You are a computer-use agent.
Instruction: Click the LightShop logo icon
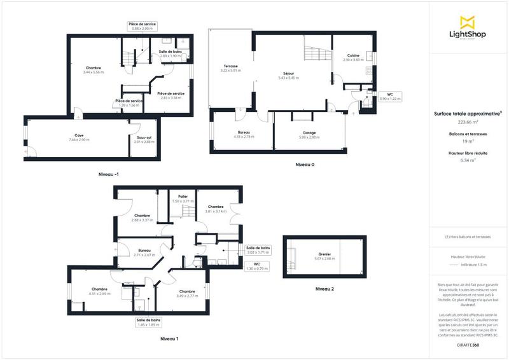(468, 21)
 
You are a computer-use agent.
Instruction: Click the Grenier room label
(324, 256)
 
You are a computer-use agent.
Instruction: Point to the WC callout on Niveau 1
(257, 266)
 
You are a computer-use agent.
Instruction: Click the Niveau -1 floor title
(108, 174)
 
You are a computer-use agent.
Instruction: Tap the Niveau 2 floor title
(324, 289)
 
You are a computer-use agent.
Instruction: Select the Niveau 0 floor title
(305, 165)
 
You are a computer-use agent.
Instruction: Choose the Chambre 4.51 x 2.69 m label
(100, 291)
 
